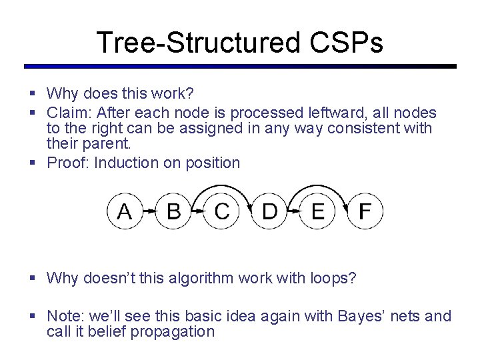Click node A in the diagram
[x=125, y=211]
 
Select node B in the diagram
[x=173, y=211]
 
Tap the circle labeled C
[x=221, y=211]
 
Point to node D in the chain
[x=269, y=211]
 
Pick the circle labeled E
[x=317, y=211]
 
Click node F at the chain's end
[x=365, y=211]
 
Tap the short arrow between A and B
[x=149, y=211]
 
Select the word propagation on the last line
[x=173, y=331]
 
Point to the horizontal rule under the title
[x=240, y=67]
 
